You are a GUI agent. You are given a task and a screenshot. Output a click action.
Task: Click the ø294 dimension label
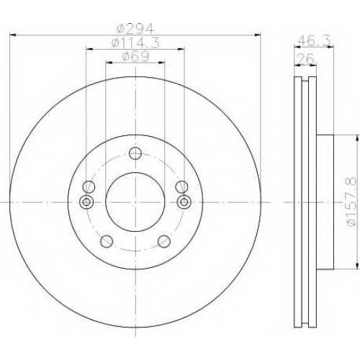(x=135, y=29)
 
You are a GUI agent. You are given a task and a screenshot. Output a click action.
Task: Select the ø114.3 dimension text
(x=135, y=43)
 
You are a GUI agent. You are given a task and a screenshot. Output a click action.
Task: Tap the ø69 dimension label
(x=135, y=56)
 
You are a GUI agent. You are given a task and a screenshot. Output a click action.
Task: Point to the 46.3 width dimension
(x=314, y=40)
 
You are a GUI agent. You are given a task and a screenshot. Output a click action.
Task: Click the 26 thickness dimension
(x=305, y=59)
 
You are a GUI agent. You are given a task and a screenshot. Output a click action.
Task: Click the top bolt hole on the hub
(x=135, y=153)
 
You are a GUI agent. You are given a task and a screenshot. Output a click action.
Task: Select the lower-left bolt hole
(x=107, y=241)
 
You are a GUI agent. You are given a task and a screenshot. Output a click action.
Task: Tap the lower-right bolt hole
(x=164, y=241)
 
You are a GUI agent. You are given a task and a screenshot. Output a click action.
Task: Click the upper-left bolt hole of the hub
(x=89, y=186)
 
